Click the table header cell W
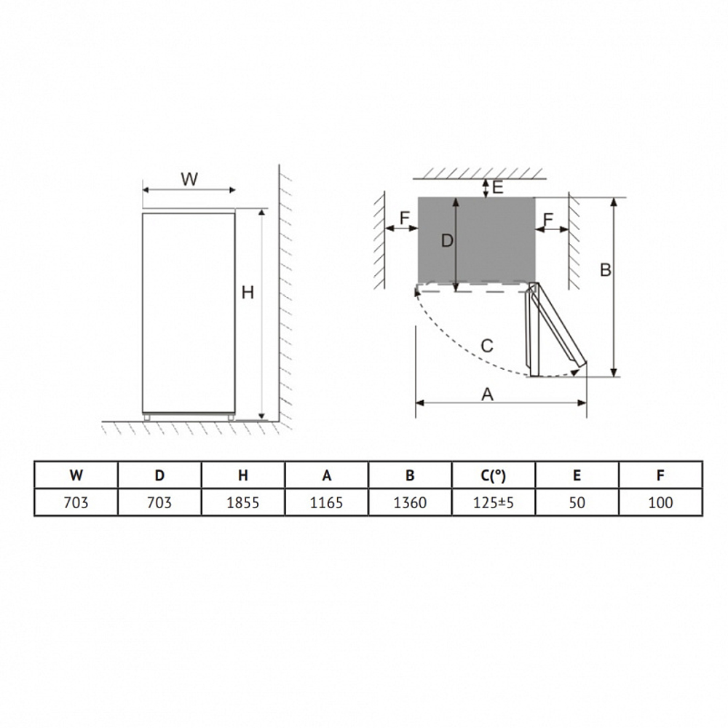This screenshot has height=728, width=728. point(76,475)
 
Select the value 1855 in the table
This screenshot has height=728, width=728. point(243,502)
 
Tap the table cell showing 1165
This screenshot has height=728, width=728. point(326,502)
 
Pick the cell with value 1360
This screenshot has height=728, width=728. point(410,502)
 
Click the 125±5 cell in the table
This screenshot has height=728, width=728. point(494,502)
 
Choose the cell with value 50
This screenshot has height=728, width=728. point(577,502)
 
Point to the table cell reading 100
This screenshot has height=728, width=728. point(661,502)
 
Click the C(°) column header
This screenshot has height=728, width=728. point(494,475)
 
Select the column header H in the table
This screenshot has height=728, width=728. point(243,475)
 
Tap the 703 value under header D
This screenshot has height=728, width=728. point(159,502)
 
